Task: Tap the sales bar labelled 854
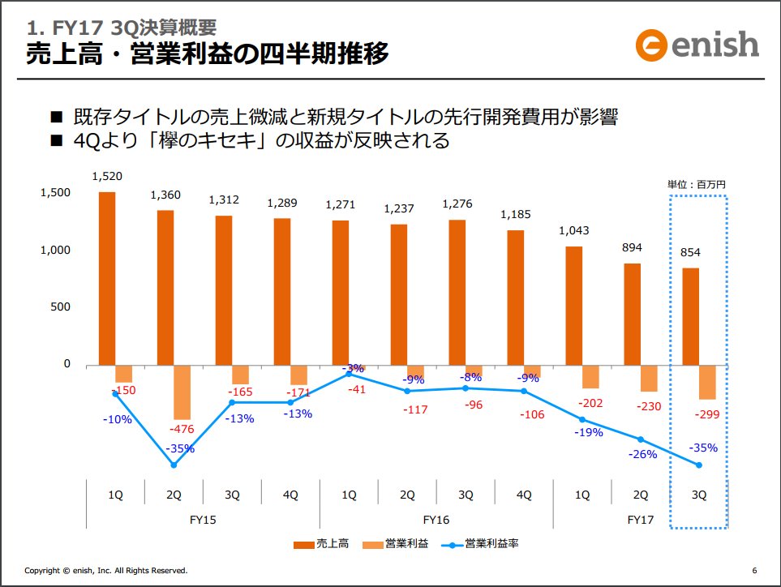click(691, 316)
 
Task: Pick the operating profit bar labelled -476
click(182, 392)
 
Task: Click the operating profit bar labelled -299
click(707, 383)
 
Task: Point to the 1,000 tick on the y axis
click(56, 250)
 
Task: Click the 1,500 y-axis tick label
click(56, 192)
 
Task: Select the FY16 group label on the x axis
click(436, 519)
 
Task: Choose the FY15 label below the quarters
click(203, 519)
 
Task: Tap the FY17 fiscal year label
click(641, 519)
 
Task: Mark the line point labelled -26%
click(641, 439)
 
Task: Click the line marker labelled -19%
click(582, 419)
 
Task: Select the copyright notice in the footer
click(106, 571)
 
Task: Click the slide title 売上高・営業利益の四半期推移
click(207, 54)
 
